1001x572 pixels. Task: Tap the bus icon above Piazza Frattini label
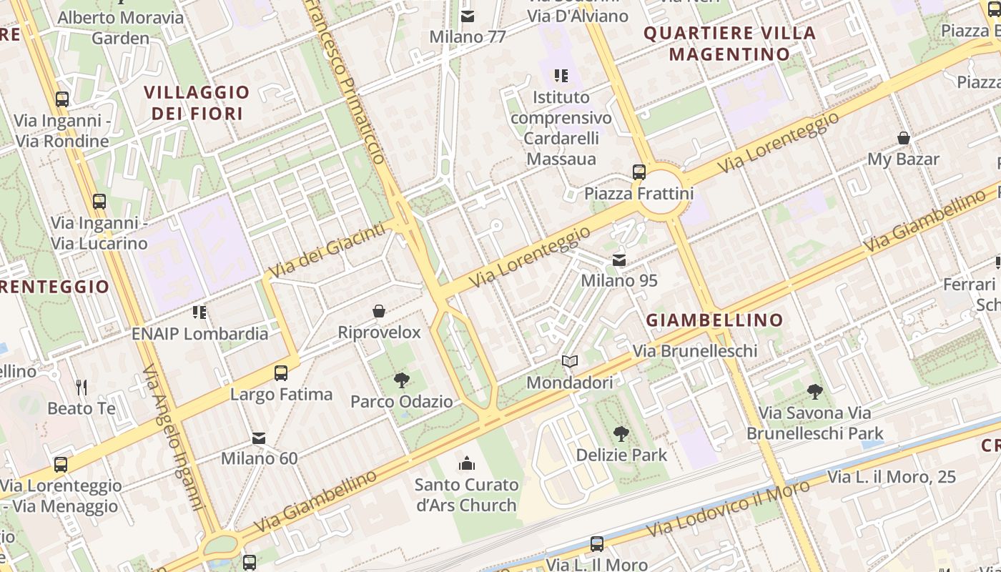(638, 172)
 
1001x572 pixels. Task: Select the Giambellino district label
(714, 320)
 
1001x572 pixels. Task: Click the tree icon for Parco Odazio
(402, 380)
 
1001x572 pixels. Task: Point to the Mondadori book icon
(569, 362)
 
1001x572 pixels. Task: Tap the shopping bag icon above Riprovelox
(379, 311)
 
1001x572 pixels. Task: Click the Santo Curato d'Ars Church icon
(467, 463)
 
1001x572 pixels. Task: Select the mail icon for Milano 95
(619, 260)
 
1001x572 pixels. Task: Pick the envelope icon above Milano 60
(259, 438)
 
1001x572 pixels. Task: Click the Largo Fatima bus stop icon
(281, 373)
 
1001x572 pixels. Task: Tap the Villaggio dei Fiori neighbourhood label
(197, 102)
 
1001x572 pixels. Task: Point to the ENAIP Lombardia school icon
(199, 312)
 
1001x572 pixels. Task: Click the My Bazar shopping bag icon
(903, 138)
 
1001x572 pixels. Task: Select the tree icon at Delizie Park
(621, 433)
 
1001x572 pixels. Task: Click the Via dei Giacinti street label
(328, 250)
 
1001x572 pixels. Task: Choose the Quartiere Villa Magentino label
(729, 43)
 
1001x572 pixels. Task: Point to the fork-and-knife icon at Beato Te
(82, 388)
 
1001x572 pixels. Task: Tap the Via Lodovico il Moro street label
(728, 509)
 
